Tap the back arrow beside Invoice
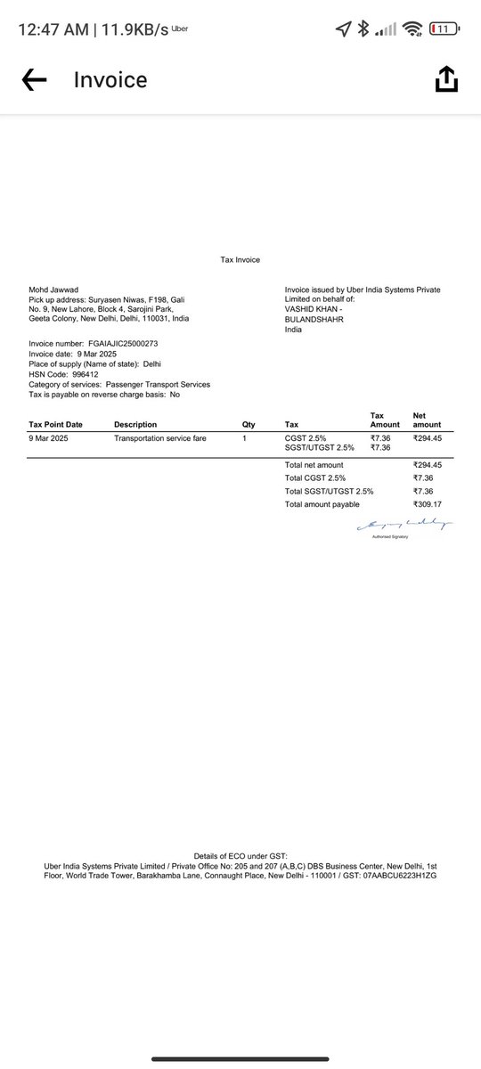pos(34,80)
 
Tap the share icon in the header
pos(446,80)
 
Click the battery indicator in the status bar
pos(444,29)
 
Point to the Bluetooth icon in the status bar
pos(363,29)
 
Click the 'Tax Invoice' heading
pos(240,260)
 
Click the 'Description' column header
pos(135,425)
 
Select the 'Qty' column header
pos(249,425)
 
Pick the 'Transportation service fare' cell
pos(160,438)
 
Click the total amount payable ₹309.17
pos(428,505)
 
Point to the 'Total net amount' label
pos(314,465)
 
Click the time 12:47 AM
pos(52,29)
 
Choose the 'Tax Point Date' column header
pos(55,425)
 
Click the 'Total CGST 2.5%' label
pos(314,478)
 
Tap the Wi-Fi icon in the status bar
pos(412,29)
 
